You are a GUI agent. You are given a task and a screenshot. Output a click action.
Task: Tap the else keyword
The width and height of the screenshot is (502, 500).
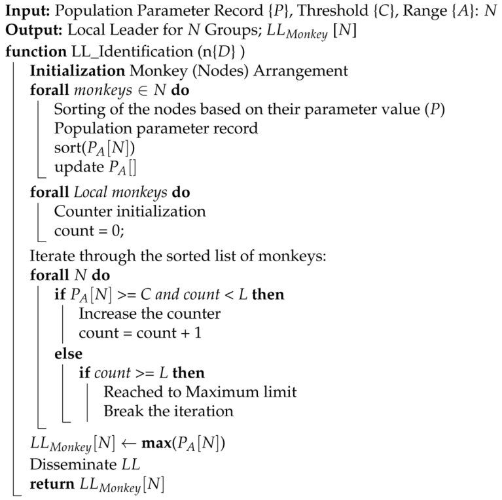[x=68, y=354]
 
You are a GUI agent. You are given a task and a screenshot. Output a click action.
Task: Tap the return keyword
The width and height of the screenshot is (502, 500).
[x=50, y=485]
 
